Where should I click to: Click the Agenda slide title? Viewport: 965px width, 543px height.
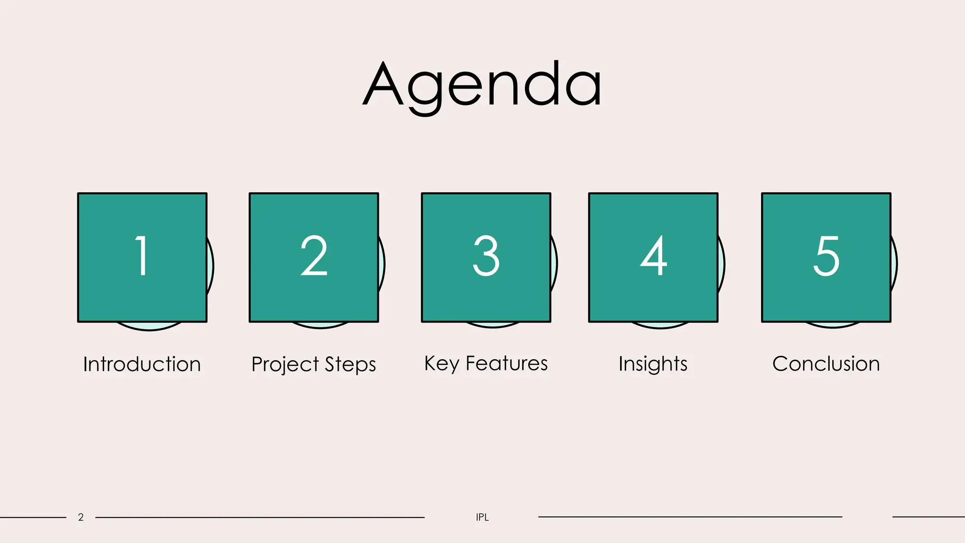pyautogui.click(x=482, y=85)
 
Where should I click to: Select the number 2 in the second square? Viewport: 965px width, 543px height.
pyautogui.click(x=314, y=256)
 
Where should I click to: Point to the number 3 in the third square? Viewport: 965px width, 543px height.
pyautogui.click(x=486, y=256)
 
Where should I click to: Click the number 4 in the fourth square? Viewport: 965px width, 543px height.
pyautogui.click(x=654, y=256)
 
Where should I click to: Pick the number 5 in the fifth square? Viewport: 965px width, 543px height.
pyautogui.click(x=826, y=256)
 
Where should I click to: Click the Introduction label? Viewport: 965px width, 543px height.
pyautogui.click(x=142, y=364)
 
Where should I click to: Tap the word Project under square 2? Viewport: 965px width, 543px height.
pyautogui.click(x=286, y=364)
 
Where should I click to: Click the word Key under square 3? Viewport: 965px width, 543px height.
pyautogui.click(x=442, y=363)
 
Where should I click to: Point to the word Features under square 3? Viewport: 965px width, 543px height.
pyautogui.click(x=507, y=363)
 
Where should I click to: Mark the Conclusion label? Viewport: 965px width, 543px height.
pyautogui.click(x=826, y=364)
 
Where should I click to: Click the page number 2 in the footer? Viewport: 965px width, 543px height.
pyautogui.click(x=81, y=517)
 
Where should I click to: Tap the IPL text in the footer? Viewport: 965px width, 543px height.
pyautogui.click(x=482, y=517)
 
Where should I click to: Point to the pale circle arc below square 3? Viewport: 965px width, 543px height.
pyautogui.click(x=493, y=325)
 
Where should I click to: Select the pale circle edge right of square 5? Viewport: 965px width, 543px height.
pyautogui.click(x=894, y=264)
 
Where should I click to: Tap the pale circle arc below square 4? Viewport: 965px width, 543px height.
pyautogui.click(x=660, y=325)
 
